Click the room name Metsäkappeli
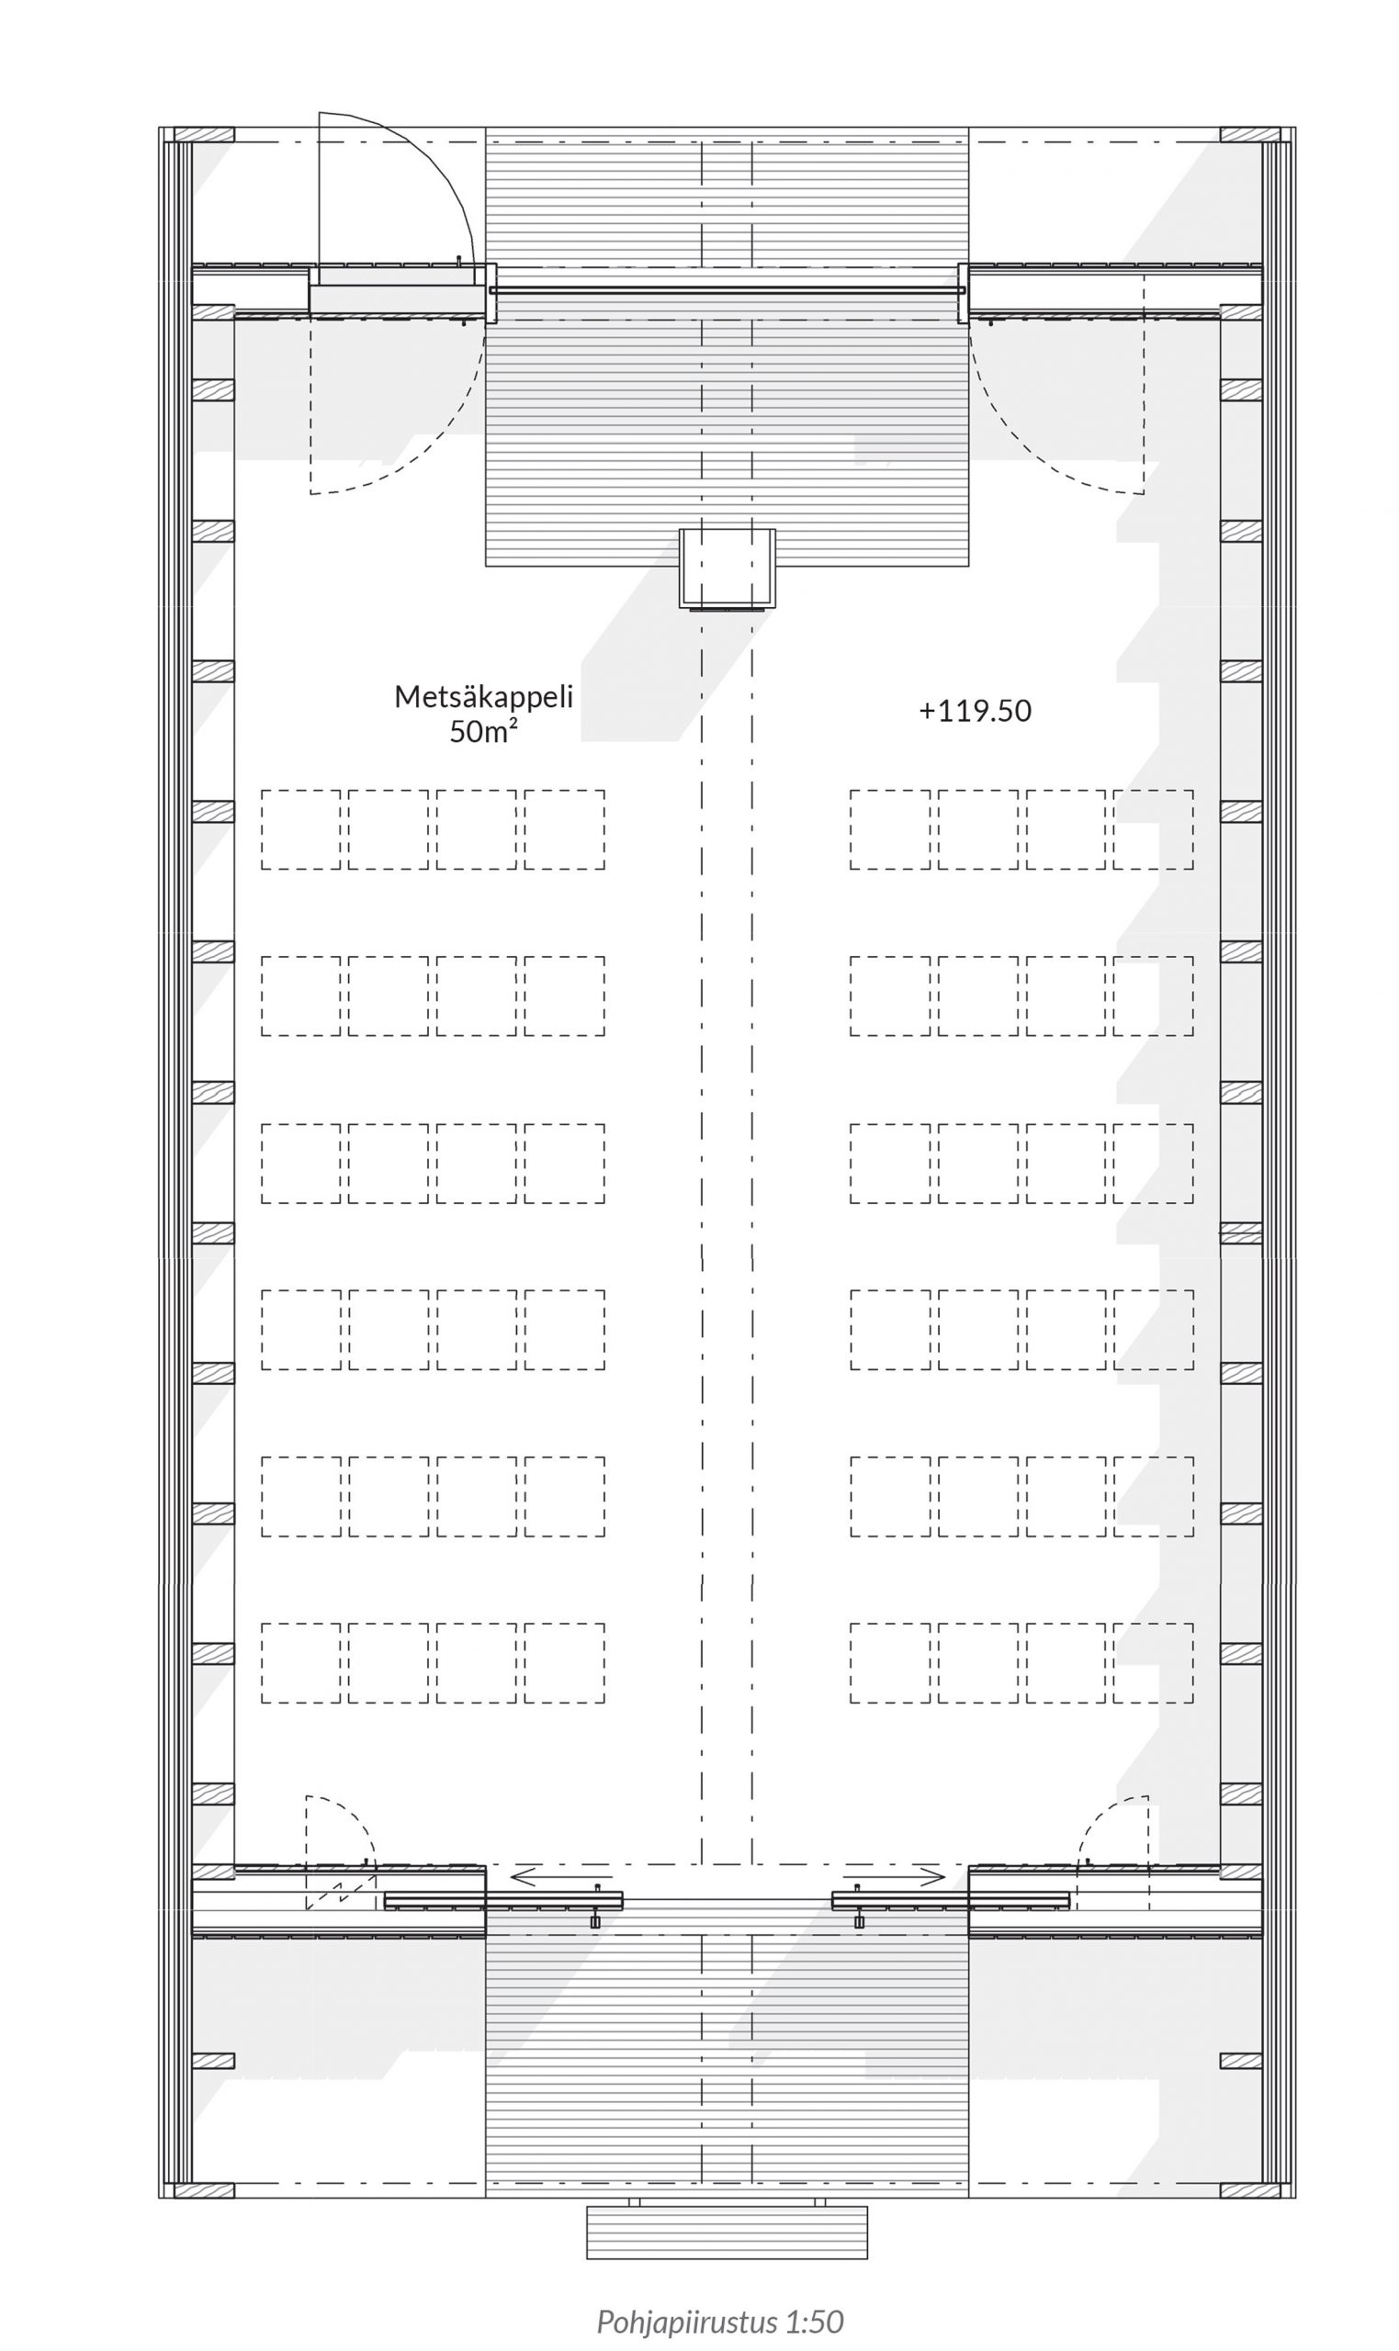tap(483, 696)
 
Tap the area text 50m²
tap(483, 731)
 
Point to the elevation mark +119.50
tap(975, 711)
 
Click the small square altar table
tap(728, 568)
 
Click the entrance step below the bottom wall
tap(727, 2233)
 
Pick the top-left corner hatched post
tap(204, 135)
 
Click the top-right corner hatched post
tap(1250, 135)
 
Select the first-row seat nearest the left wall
tap(300, 829)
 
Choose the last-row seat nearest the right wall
tap(1153, 1663)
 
